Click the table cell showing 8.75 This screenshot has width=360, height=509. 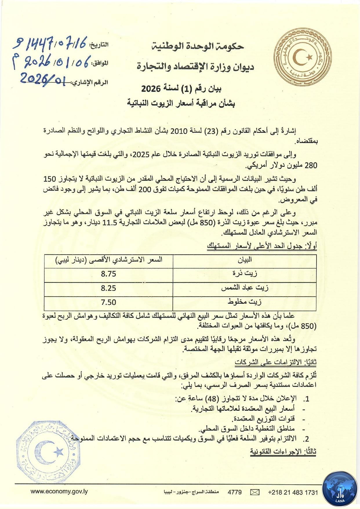(x=108, y=274)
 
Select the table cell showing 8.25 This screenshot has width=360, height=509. (x=108, y=288)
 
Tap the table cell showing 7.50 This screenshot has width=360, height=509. (x=108, y=302)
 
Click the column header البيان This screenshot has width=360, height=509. (x=245, y=260)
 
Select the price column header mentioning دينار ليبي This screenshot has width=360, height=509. (x=109, y=260)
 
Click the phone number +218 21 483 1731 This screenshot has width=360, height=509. (x=293, y=492)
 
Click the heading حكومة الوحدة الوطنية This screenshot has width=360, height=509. (x=198, y=46)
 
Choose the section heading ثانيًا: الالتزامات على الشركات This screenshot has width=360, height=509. (x=276, y=363)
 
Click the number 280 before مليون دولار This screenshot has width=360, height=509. (x=311, y=166)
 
